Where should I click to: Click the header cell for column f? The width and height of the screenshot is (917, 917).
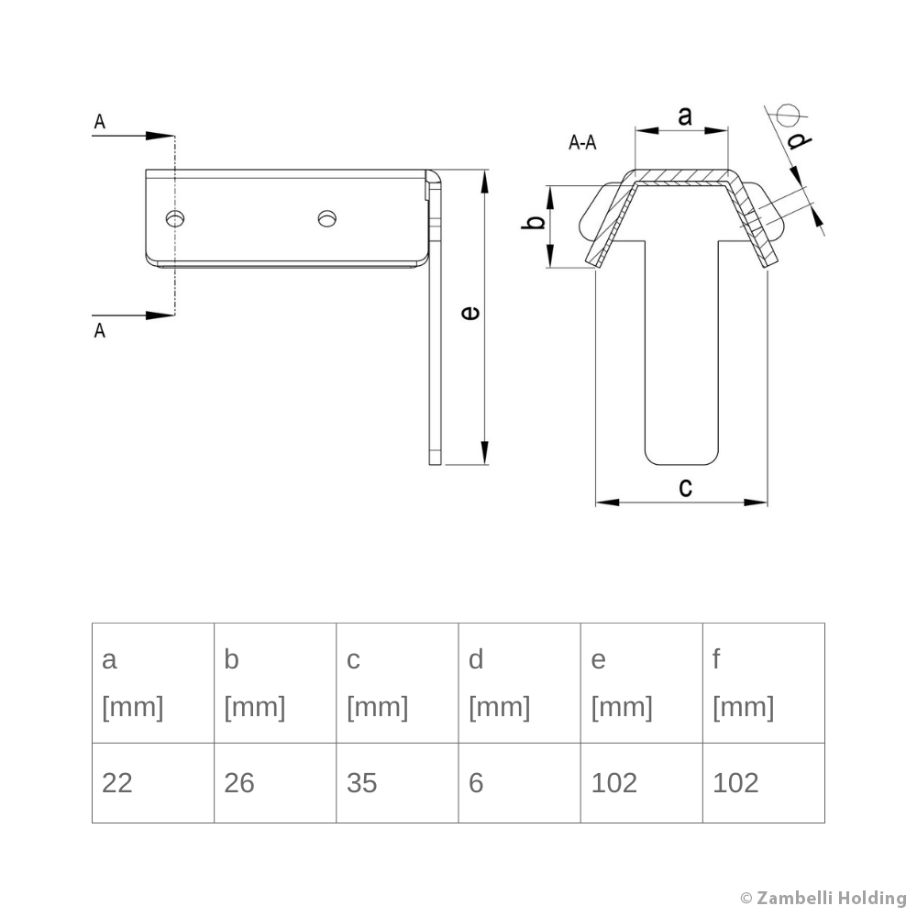pos(763,683)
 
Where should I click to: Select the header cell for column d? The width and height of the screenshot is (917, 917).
pos(519,683)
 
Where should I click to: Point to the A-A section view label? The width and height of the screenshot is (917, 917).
pos(582,142)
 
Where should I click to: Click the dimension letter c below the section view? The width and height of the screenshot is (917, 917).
pos(685,487)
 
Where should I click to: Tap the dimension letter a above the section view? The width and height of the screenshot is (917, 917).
pos(684,116)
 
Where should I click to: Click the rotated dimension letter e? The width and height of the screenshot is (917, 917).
pos(470,314)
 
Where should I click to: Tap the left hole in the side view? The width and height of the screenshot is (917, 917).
pos(174,217)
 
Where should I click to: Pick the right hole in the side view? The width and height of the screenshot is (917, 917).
pos(326,217)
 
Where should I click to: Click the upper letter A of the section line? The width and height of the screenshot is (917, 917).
pos(99,121)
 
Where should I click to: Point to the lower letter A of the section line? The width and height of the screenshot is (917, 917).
pos(99,330)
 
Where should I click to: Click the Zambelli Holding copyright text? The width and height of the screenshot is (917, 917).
pos(823,898)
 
